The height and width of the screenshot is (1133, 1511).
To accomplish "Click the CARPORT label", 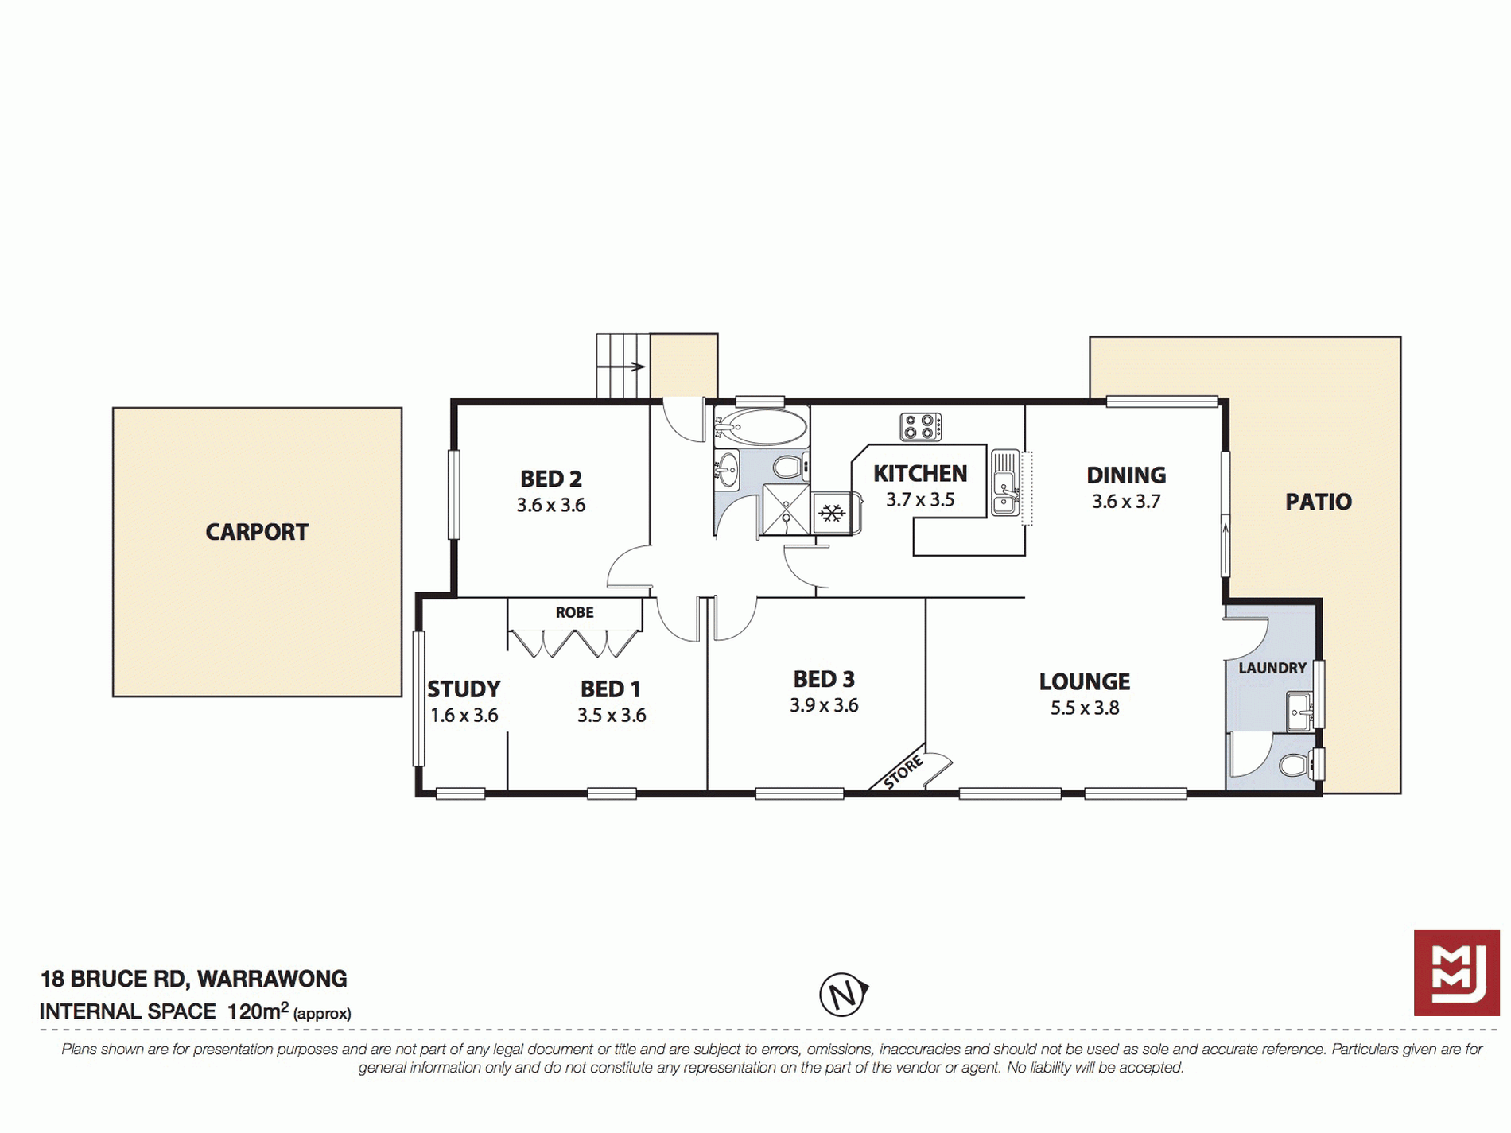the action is tap(257, 532).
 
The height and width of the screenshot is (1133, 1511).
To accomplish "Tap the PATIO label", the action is tap(1319, 502).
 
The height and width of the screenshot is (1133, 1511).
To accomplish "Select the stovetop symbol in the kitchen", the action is tap(921, 427).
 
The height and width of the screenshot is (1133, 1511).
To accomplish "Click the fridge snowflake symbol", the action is tap(832, 514).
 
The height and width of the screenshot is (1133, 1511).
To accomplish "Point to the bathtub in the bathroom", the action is tap(760, 428).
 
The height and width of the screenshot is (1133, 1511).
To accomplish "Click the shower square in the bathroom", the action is tap(786, 509).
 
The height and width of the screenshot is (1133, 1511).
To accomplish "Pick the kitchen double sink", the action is tap(1005, 483).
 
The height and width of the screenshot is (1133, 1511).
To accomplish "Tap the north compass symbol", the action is tap(843, 994).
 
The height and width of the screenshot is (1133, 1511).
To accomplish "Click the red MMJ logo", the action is tap(1457, 972).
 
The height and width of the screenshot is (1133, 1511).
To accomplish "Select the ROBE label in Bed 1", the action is tap(575, 612).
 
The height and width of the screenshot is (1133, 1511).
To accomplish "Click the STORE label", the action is tap(903, 772).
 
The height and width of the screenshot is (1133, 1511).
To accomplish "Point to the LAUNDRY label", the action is tap(1272, 668).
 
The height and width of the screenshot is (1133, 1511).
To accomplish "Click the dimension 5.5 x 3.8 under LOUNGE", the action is tap(1085, 708).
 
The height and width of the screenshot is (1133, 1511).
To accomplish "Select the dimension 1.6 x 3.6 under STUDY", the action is tap(464, 716).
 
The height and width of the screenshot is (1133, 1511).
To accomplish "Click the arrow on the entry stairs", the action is tap(621, 367).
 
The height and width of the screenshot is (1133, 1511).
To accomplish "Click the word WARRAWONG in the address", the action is tap(272, 979).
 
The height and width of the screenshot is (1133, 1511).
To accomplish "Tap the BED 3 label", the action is tap(824, 679).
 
